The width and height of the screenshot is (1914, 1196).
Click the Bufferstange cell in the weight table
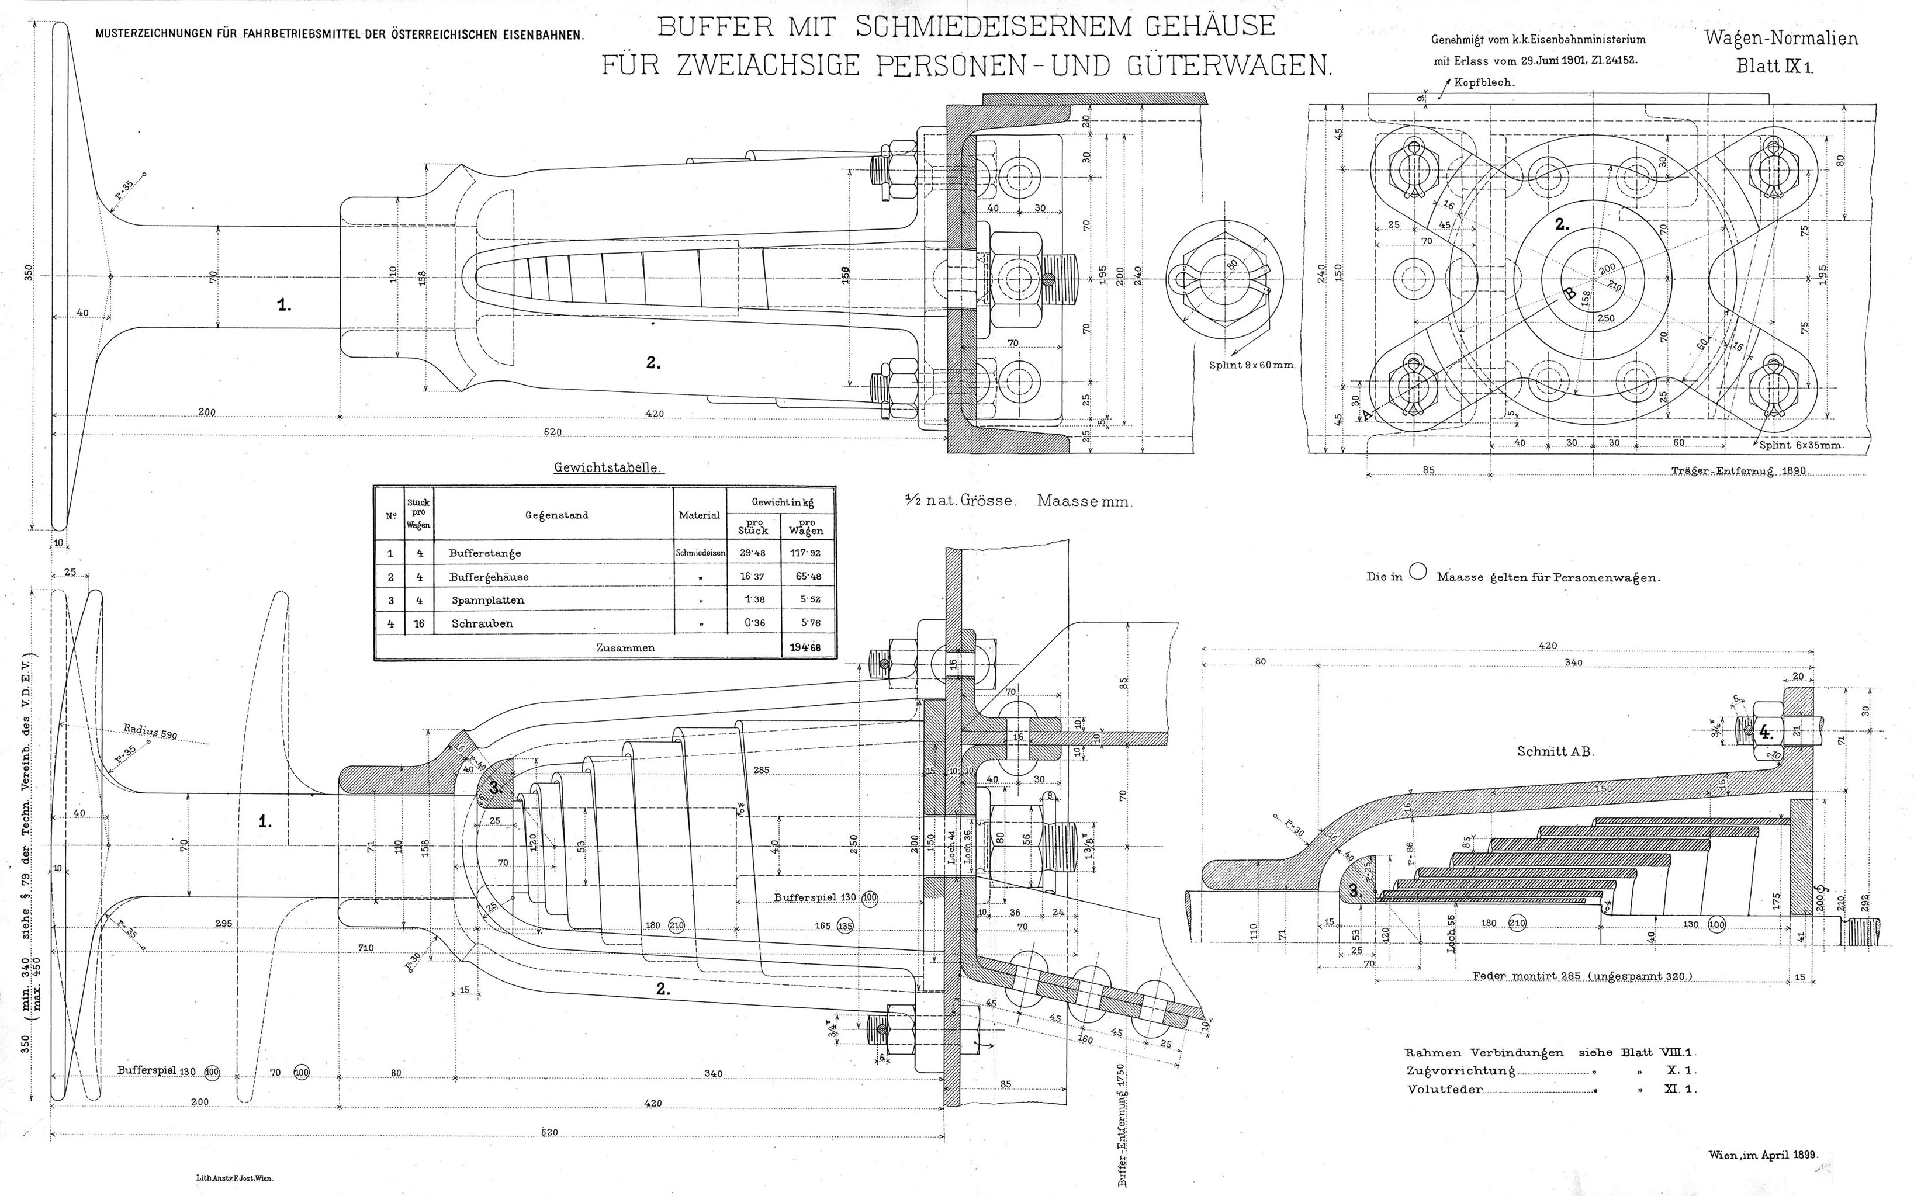coord(484,553)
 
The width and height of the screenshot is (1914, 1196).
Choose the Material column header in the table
coord(700,515)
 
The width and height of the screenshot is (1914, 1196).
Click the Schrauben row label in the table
coord(482,623)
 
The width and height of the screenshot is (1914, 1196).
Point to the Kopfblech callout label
coord(1484,81)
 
